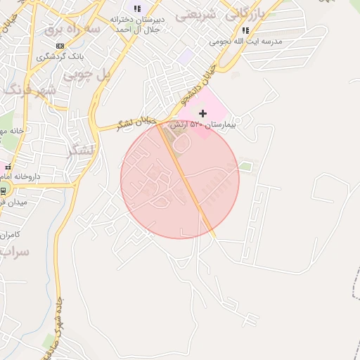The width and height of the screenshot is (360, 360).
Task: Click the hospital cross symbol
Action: (203, 113)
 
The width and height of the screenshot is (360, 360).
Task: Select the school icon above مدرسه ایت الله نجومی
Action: (245, 31)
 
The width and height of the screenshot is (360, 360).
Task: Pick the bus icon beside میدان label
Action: (3, 191)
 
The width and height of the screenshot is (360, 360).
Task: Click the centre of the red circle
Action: (180, 179)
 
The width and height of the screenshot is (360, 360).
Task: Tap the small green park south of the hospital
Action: (245, 167)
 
